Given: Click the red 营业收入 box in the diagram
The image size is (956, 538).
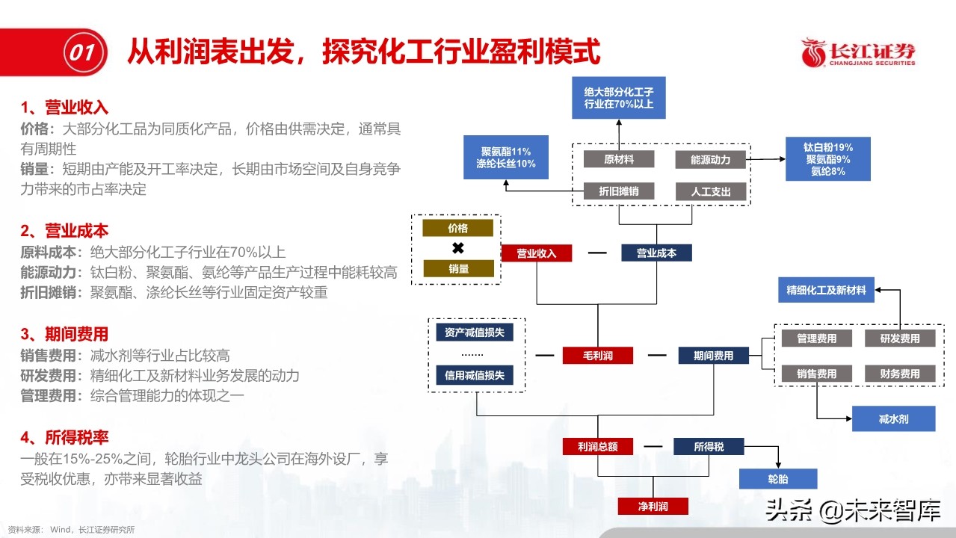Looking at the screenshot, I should coord(536,253).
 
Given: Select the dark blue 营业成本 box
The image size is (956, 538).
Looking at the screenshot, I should coord(656,253).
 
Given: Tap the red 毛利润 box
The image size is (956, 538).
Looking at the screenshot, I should coord(597,356).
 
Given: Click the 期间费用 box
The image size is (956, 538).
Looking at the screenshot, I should coord(713,356).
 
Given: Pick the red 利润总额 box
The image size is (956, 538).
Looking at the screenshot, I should coord(597,447).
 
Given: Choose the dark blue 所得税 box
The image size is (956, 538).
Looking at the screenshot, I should coord(709,447).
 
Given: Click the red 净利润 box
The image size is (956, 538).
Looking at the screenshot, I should coord(653,507).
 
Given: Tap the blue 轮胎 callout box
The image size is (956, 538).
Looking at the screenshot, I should coord(778,479).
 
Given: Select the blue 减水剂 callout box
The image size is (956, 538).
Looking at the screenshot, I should coord(893,419).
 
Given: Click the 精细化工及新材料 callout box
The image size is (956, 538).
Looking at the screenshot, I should coord(826,290).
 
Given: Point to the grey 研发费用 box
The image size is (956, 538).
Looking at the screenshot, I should coord(899,338).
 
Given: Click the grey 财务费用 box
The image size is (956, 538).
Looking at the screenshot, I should coord(899,374).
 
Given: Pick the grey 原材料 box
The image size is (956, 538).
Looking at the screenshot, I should coord(618,159).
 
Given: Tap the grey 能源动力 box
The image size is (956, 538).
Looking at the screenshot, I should coord(710,159).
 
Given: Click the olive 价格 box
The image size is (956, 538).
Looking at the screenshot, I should coord(457,229).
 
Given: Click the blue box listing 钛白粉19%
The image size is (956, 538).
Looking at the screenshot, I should coord(828,159).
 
